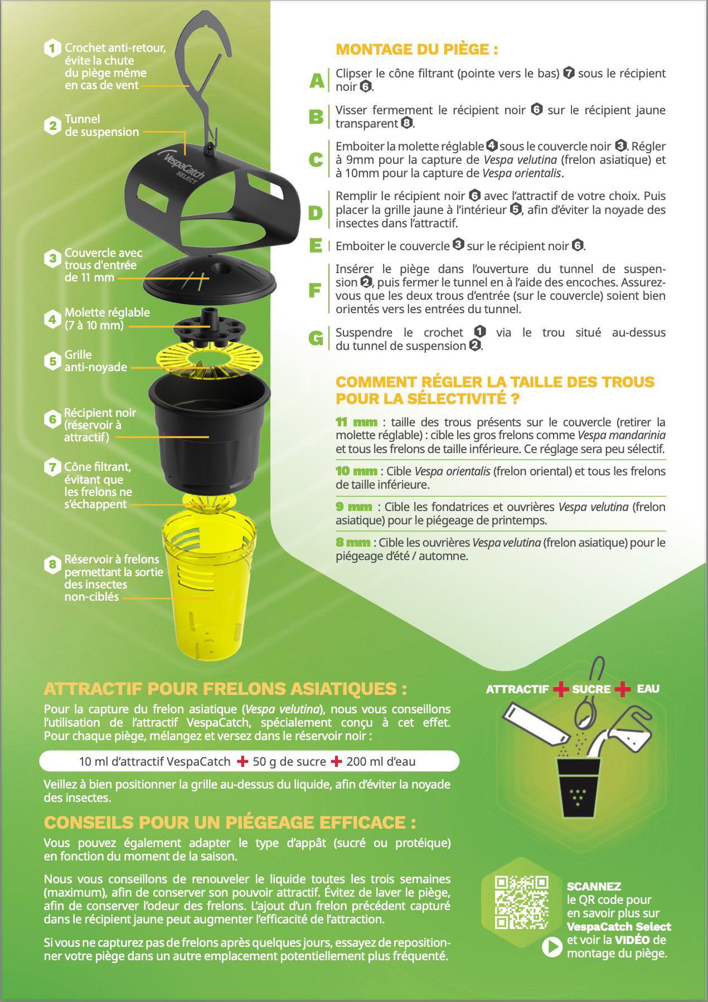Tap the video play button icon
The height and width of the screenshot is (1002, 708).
point(552,947)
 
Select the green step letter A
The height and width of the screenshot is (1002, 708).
point(317,81)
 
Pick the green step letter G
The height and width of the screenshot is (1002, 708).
point(316,338)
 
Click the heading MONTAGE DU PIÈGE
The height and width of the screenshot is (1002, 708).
point(416,49)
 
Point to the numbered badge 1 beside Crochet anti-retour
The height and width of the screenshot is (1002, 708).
point(52,48)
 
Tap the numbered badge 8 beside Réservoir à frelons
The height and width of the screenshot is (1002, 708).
point(52,565)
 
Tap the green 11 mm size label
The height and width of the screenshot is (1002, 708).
point(356,422)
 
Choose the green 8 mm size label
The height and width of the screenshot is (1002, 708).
point(352,542)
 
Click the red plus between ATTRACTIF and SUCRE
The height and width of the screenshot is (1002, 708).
point(561,689)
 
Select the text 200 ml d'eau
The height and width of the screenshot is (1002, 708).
point(381,762)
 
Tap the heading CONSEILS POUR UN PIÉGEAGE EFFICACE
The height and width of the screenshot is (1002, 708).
point(230,823)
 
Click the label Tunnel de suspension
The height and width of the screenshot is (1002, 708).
point(101,125)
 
